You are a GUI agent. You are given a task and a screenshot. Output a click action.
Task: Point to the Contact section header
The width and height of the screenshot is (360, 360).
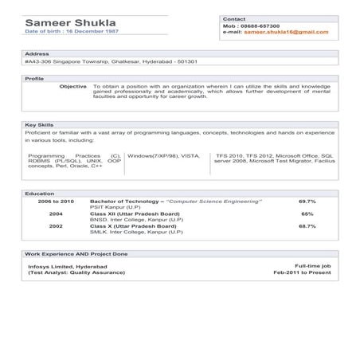tap(234, 18)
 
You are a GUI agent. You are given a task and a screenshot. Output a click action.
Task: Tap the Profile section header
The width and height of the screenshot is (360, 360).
tap(35, 79)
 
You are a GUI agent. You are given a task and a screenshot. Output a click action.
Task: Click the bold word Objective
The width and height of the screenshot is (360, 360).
tap(73, 86)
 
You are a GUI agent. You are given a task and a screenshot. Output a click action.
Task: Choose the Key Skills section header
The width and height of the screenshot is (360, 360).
tap(40, 125)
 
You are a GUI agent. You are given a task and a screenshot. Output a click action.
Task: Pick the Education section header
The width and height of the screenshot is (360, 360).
tap(40, 194)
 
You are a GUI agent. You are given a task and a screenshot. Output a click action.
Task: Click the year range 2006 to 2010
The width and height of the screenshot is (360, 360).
tap(56, 202)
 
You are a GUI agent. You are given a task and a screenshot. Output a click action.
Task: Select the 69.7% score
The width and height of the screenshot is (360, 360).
tap(307, 202)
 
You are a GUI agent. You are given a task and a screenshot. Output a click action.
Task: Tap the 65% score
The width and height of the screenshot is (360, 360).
tap(307, 214)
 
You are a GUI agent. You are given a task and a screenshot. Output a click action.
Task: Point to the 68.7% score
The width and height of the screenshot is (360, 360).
tap(307, 226)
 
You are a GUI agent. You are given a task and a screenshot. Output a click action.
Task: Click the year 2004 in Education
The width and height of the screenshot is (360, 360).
tap(56, 214)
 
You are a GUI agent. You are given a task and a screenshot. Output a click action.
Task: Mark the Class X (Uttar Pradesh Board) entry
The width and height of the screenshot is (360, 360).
tap(135, 226)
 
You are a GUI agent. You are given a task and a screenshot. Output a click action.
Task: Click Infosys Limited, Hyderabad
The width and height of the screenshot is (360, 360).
tap(62, 265)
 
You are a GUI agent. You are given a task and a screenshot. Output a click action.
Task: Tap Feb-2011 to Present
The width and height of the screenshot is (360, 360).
tap(302, 272)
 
